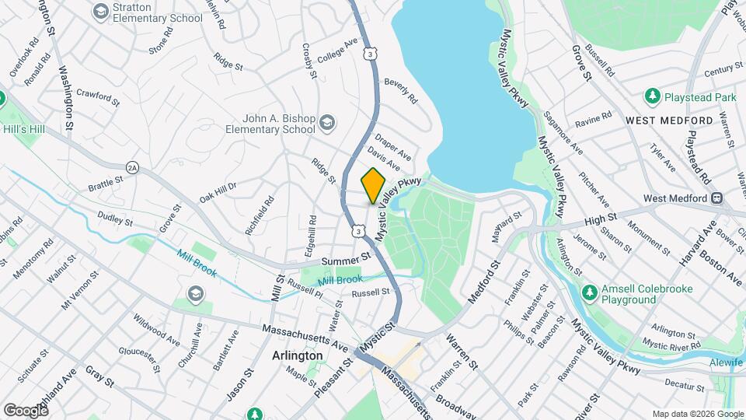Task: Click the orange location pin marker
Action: pyautogui.click(x=373, y=186)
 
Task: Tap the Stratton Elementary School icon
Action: pyautogui.click(x=100, y=12)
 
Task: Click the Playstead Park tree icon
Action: pyautogui.click(x=652, y=96)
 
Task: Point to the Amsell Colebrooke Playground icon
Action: pyautogui.click(x=591, y=293)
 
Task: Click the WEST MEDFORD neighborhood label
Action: pyautogui.click(x=668, y=121)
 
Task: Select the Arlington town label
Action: pyautogui.click(x=298, y=355)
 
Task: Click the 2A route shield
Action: pyautogui.click(x=132, y=167)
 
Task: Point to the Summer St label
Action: pyautogui.click(x=343, y=260)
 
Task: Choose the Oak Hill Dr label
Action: pyautogui.click(x=218, y=191)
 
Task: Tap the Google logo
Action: pyautogui.click(x=26, y=410)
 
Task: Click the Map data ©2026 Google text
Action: pyautogui.click(x=697, y=414)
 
